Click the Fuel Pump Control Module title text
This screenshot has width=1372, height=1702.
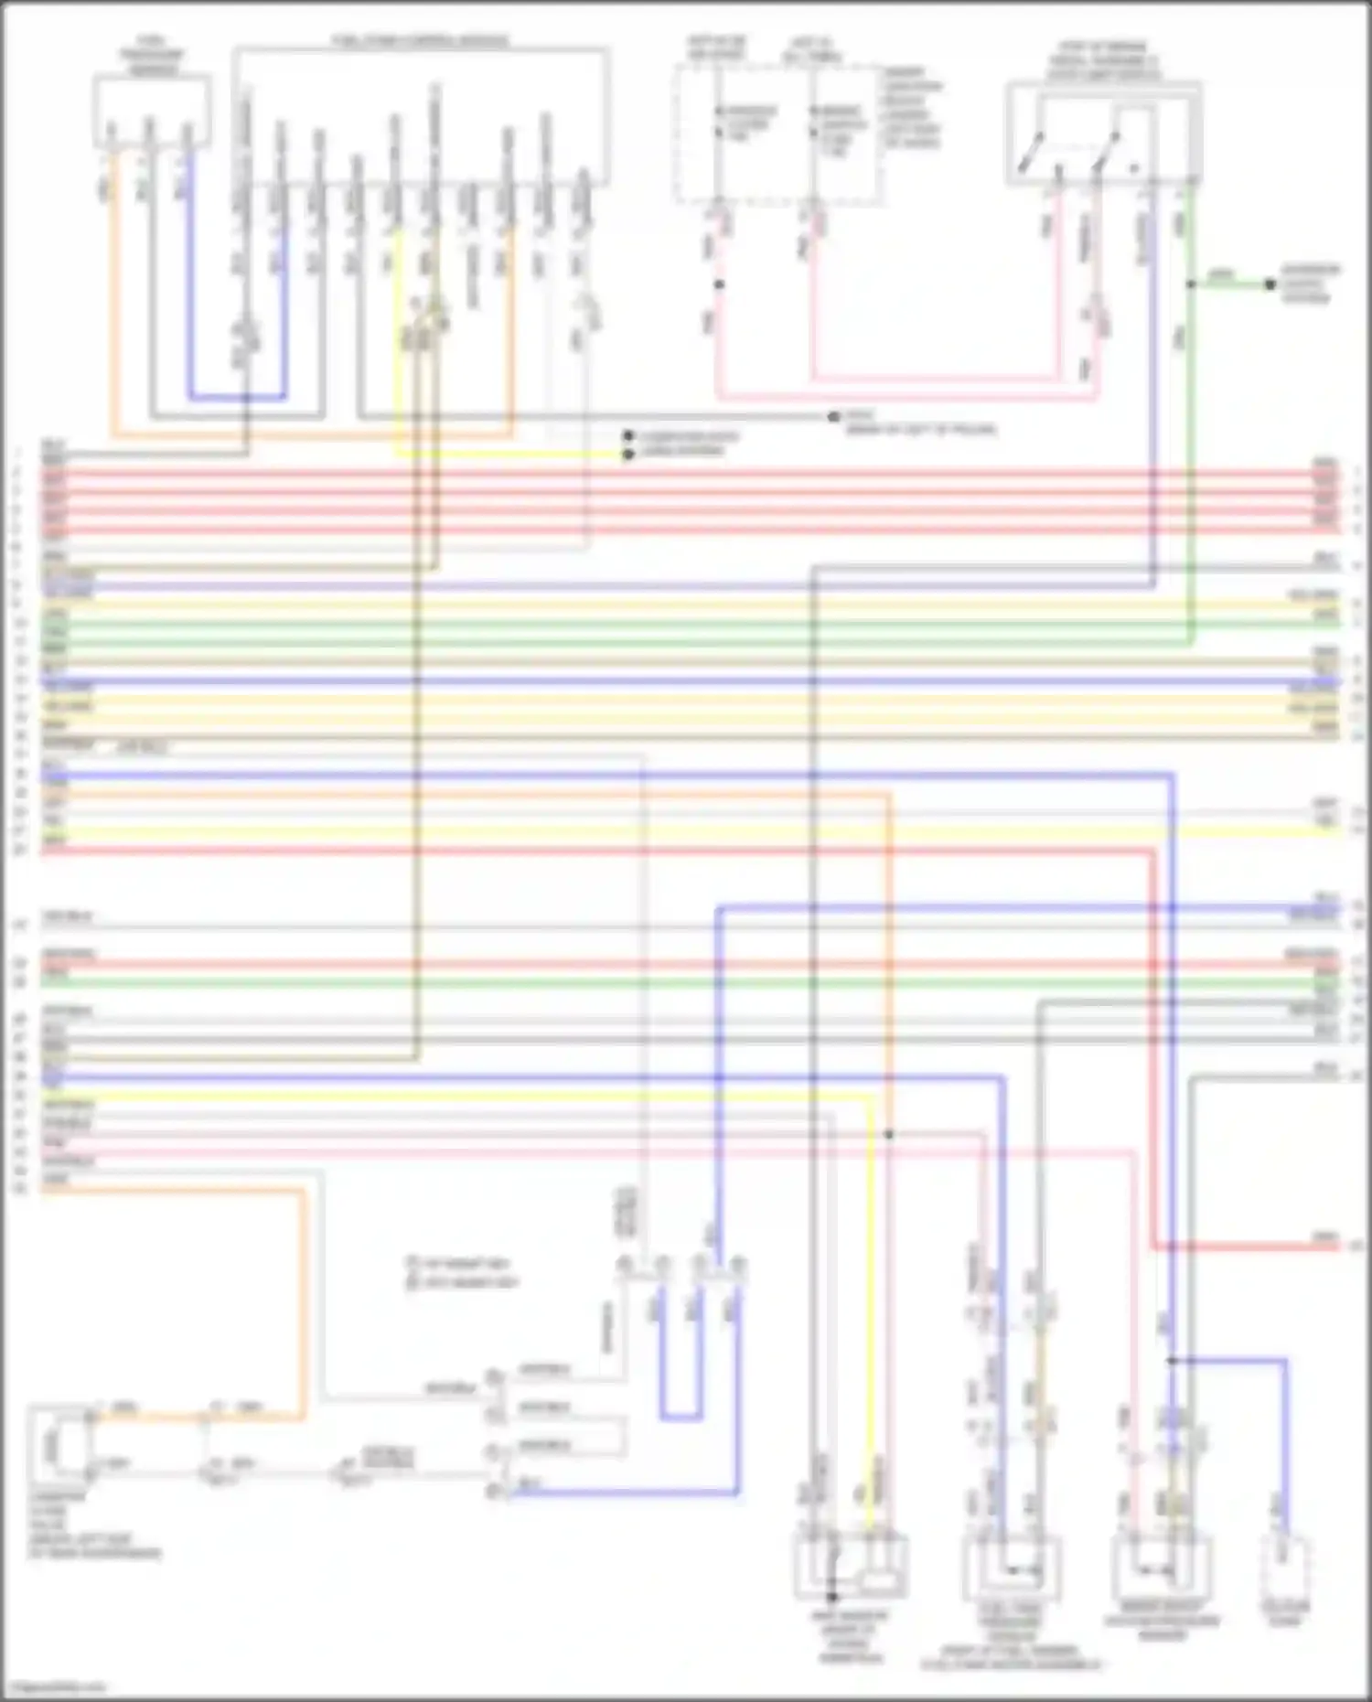point(420,41)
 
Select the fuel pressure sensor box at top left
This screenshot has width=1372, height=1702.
point(152,111)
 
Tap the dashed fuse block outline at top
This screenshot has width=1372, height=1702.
point(778,134)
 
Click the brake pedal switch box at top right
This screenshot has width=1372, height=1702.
point(1103,134)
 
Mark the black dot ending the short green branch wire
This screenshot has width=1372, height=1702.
point(1270,284)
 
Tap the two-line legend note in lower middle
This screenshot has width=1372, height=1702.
point(463,1272)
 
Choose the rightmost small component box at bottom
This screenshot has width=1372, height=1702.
point(1284,1567)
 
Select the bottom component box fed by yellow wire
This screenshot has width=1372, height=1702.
point(851,1567)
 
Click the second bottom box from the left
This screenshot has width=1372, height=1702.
point(1013,1567)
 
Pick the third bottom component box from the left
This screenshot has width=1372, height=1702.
point(1162,1567)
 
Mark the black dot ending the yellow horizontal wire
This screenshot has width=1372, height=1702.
point(628,454)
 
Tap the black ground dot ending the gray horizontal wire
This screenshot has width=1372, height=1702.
point(833,417)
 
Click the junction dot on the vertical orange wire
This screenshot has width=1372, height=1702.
point(888,1134)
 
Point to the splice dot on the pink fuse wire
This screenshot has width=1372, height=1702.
point(719,284)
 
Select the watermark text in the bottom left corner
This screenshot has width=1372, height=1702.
point(55,1687)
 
